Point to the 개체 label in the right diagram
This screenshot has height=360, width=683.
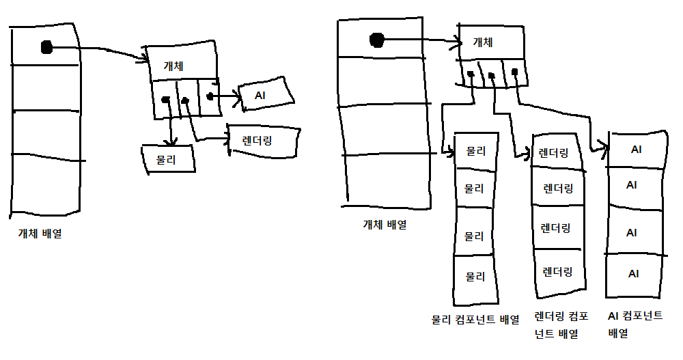point(484,42)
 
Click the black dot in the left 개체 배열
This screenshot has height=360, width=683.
point(46,47)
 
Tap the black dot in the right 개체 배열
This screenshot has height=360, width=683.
point(376,40)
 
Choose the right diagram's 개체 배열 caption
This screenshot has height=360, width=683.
point(385,224)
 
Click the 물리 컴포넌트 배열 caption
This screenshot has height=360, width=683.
point(475,319)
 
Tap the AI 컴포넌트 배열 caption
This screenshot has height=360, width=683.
point(635,324)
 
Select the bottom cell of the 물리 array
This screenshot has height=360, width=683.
point(475,277)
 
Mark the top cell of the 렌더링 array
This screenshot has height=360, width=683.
point(554,153)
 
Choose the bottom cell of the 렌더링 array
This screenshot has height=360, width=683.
point(557,272)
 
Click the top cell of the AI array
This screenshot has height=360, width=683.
point(636,149)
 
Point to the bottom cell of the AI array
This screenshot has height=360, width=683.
point(633,274)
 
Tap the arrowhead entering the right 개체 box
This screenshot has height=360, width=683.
point(456,42)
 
